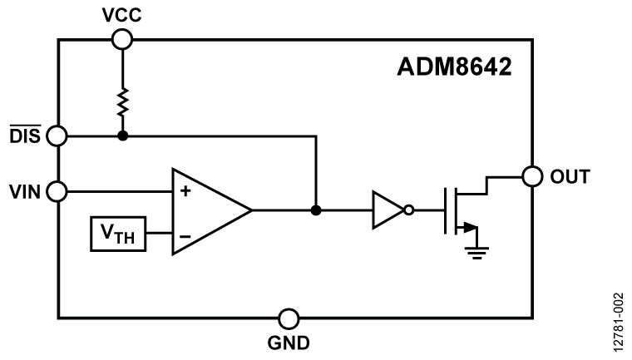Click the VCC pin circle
point(122,38)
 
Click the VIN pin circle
point(57,191)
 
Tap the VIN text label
point(24,191)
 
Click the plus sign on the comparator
point(184,191)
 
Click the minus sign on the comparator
point(184,235)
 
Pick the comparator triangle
point(208,211)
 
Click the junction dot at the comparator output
point(316,211)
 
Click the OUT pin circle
point(531,176)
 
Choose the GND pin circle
point(288,318)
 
